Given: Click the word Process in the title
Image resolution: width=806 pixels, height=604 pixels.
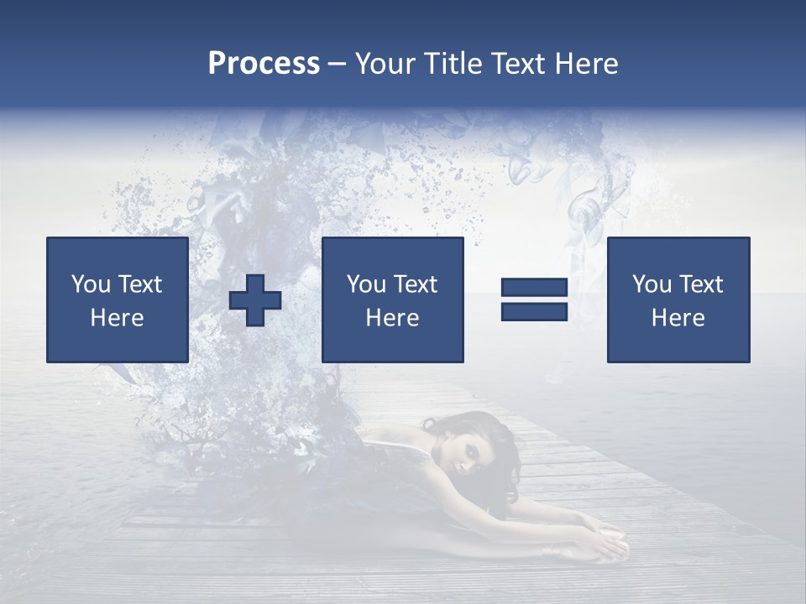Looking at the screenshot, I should tap(264, 64).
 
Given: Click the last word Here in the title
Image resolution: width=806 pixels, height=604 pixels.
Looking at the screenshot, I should tap(586, 64).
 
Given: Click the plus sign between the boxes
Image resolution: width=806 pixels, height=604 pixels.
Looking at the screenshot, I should tap(255, 300).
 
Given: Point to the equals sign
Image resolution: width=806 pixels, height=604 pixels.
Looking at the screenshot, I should tap(534, 300).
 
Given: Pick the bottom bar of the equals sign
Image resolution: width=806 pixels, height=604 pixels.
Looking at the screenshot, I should tap(534, 311).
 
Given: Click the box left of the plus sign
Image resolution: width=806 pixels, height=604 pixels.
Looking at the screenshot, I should tap(117, 299).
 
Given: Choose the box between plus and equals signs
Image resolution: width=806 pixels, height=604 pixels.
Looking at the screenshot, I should tap(392, 299).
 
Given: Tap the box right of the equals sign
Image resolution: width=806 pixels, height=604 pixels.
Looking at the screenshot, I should tap(678, 299).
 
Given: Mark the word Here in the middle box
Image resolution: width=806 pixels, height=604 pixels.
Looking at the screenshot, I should tap(392, 318).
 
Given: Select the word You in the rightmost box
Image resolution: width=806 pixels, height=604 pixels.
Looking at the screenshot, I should tap(651, 284).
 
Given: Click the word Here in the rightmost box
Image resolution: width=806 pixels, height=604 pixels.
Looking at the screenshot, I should tap(678, 318).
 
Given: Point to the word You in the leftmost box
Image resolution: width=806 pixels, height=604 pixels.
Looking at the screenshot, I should tap(90, 284).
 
